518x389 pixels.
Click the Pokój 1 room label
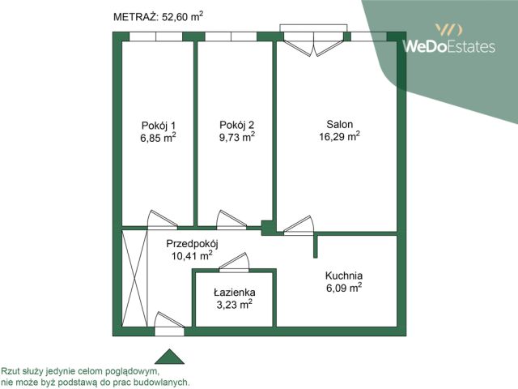click(x=159, y=126)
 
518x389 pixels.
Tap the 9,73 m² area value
click(x=237, y=137)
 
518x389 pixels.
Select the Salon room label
click(x=340, y=124)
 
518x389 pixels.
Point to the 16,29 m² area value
click(x=339, y=136)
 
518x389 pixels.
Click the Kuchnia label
click(x=344, y=276)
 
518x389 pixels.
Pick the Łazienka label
click(x=234, y=293)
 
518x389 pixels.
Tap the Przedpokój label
click(x=192, y=244)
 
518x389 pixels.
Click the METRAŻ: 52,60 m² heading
click(x=158, y=16)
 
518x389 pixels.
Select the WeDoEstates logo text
click(x=449, y=46)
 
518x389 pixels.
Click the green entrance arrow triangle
click(x=169, y=357)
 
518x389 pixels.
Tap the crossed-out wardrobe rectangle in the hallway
click(x=135, y=278)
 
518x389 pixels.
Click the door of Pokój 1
click(x=162, y=220)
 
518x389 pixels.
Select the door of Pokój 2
click(x=231, y=220)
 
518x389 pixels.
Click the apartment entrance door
click(x=169, y=323)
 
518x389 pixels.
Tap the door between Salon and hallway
click(x=299, y=225)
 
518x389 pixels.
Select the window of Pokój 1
click(x=155, y=36)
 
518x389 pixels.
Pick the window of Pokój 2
click(x=231, y=36)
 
